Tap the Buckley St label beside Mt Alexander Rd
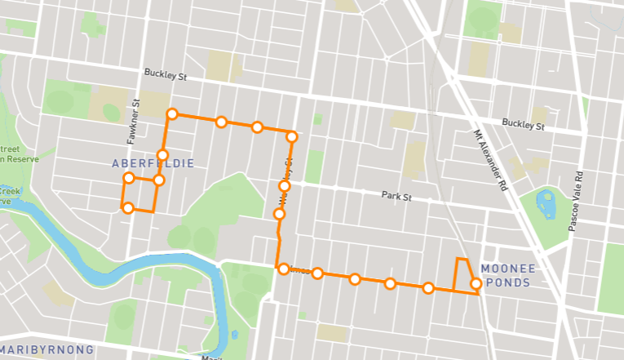point(523,125)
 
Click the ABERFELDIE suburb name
point(153,164)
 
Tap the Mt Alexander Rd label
point(491,159)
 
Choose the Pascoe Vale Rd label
point(579,201)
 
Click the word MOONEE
point(507,268)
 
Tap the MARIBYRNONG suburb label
point(47,349)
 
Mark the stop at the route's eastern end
point(476,284)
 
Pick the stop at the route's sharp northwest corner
point(172,113)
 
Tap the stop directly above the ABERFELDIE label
point(162,155)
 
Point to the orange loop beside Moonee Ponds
point(462,273)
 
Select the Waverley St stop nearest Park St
point(285,187)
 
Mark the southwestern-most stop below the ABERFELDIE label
point(128,208)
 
